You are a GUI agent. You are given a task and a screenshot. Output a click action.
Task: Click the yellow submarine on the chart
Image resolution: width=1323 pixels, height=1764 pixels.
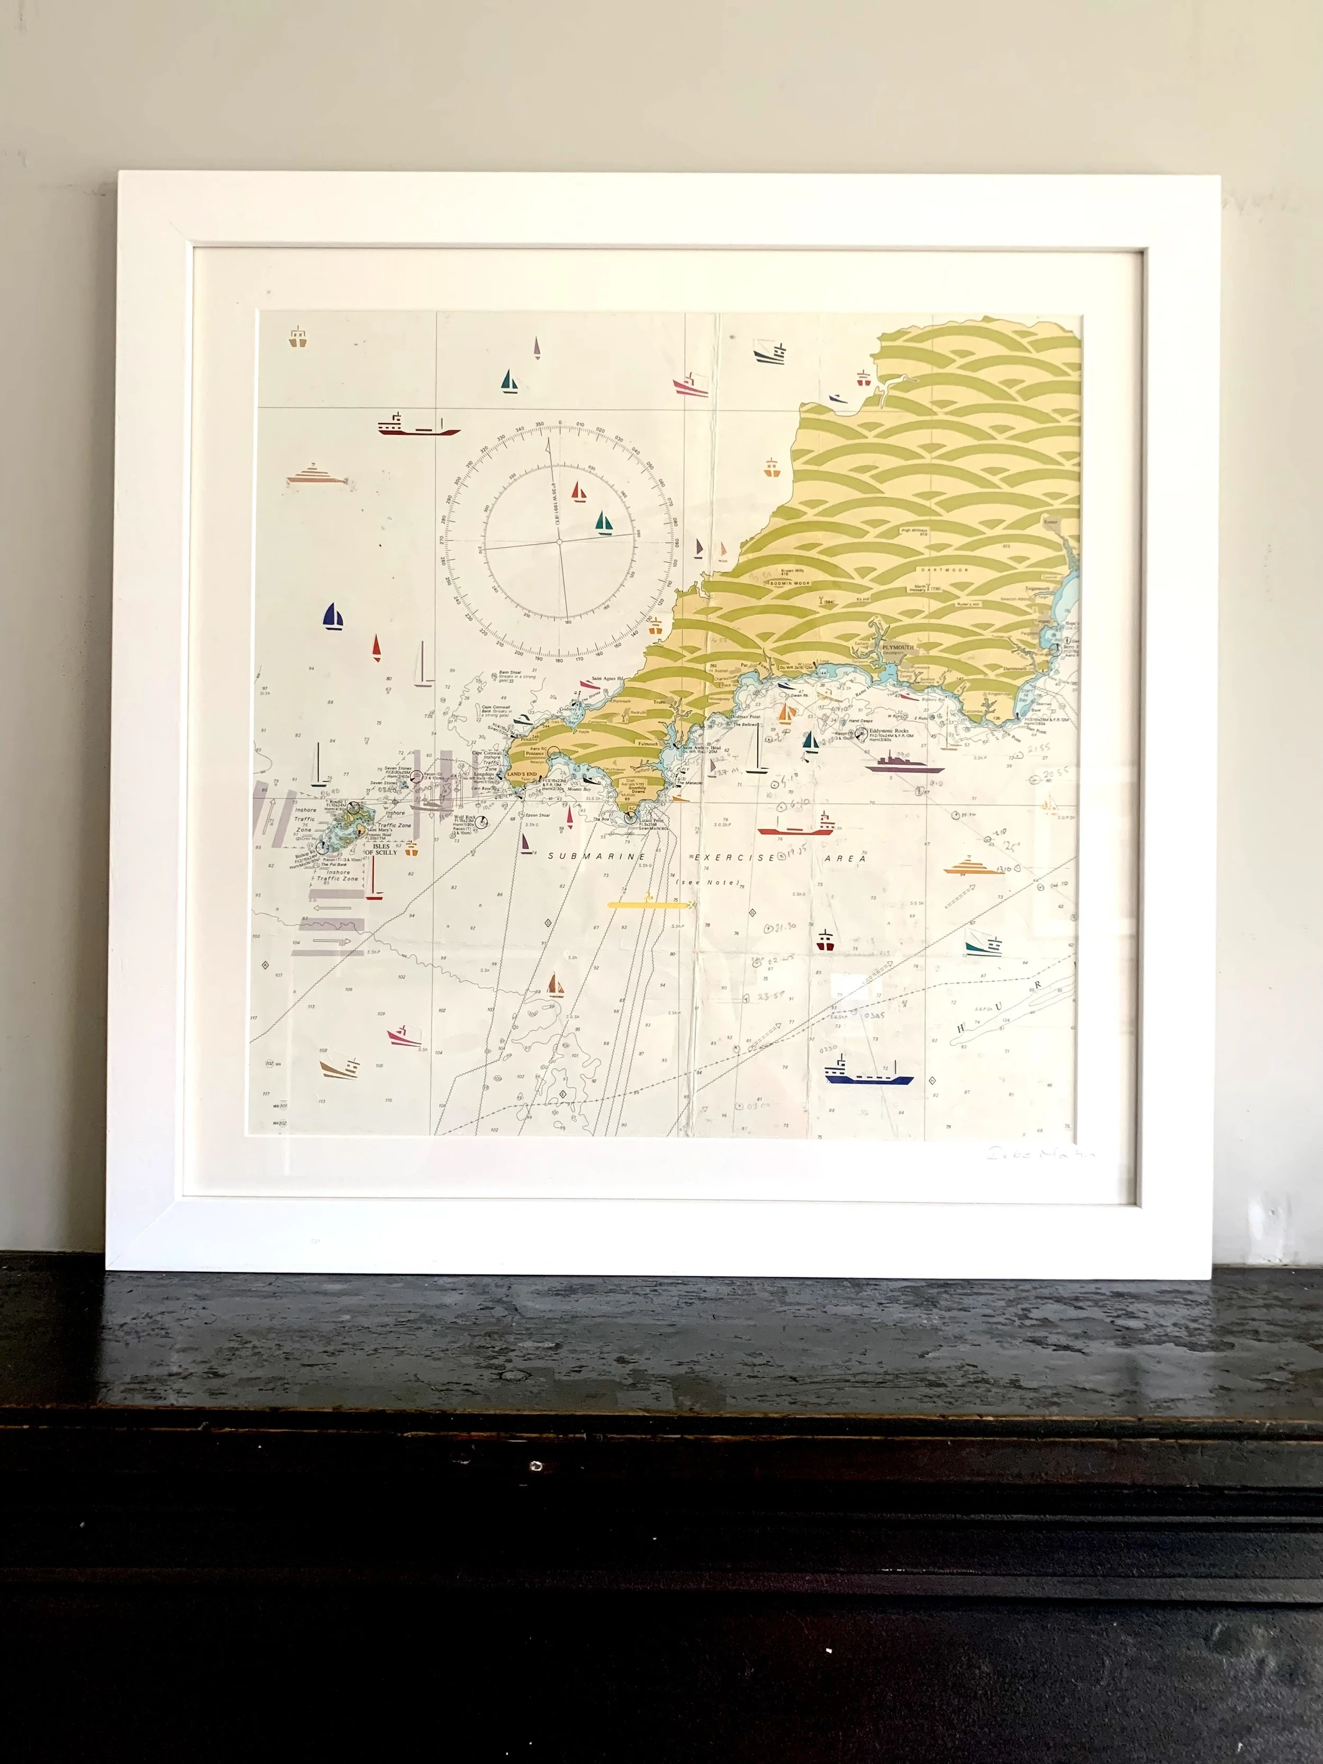648,904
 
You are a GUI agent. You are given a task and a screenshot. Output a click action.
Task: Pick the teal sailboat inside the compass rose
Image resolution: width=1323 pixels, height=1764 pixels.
604,524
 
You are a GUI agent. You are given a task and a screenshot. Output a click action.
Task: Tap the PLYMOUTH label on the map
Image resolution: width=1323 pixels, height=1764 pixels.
898,648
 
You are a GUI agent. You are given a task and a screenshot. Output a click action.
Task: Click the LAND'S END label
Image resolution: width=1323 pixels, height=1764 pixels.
522,774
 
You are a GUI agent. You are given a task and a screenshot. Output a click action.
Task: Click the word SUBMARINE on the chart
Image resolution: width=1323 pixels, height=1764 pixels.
596,856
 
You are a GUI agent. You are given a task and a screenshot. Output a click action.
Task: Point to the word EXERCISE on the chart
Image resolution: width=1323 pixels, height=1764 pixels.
735,857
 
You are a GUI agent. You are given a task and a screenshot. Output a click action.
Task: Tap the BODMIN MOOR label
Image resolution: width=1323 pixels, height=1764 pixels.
790,583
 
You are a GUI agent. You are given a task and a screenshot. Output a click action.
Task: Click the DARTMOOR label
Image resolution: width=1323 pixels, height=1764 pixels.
944,570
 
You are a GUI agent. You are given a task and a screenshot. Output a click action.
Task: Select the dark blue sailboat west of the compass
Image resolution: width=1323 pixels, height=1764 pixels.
333,617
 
